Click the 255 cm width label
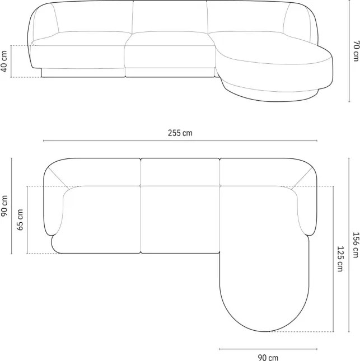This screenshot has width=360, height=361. click(180, 133)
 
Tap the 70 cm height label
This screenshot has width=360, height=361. click(356, 51)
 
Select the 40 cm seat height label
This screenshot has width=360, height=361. click(4, 61)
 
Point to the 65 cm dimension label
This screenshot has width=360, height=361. click(20, 219)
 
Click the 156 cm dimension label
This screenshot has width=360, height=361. click(356, 245)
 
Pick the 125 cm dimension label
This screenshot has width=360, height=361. click(340, 259)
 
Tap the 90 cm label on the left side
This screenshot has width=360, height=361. click(4, 206)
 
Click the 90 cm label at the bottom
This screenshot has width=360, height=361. click(268, 358)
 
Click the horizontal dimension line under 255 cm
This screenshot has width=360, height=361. click(180, 140)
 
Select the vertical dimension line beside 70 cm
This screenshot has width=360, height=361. click(349, 51)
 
